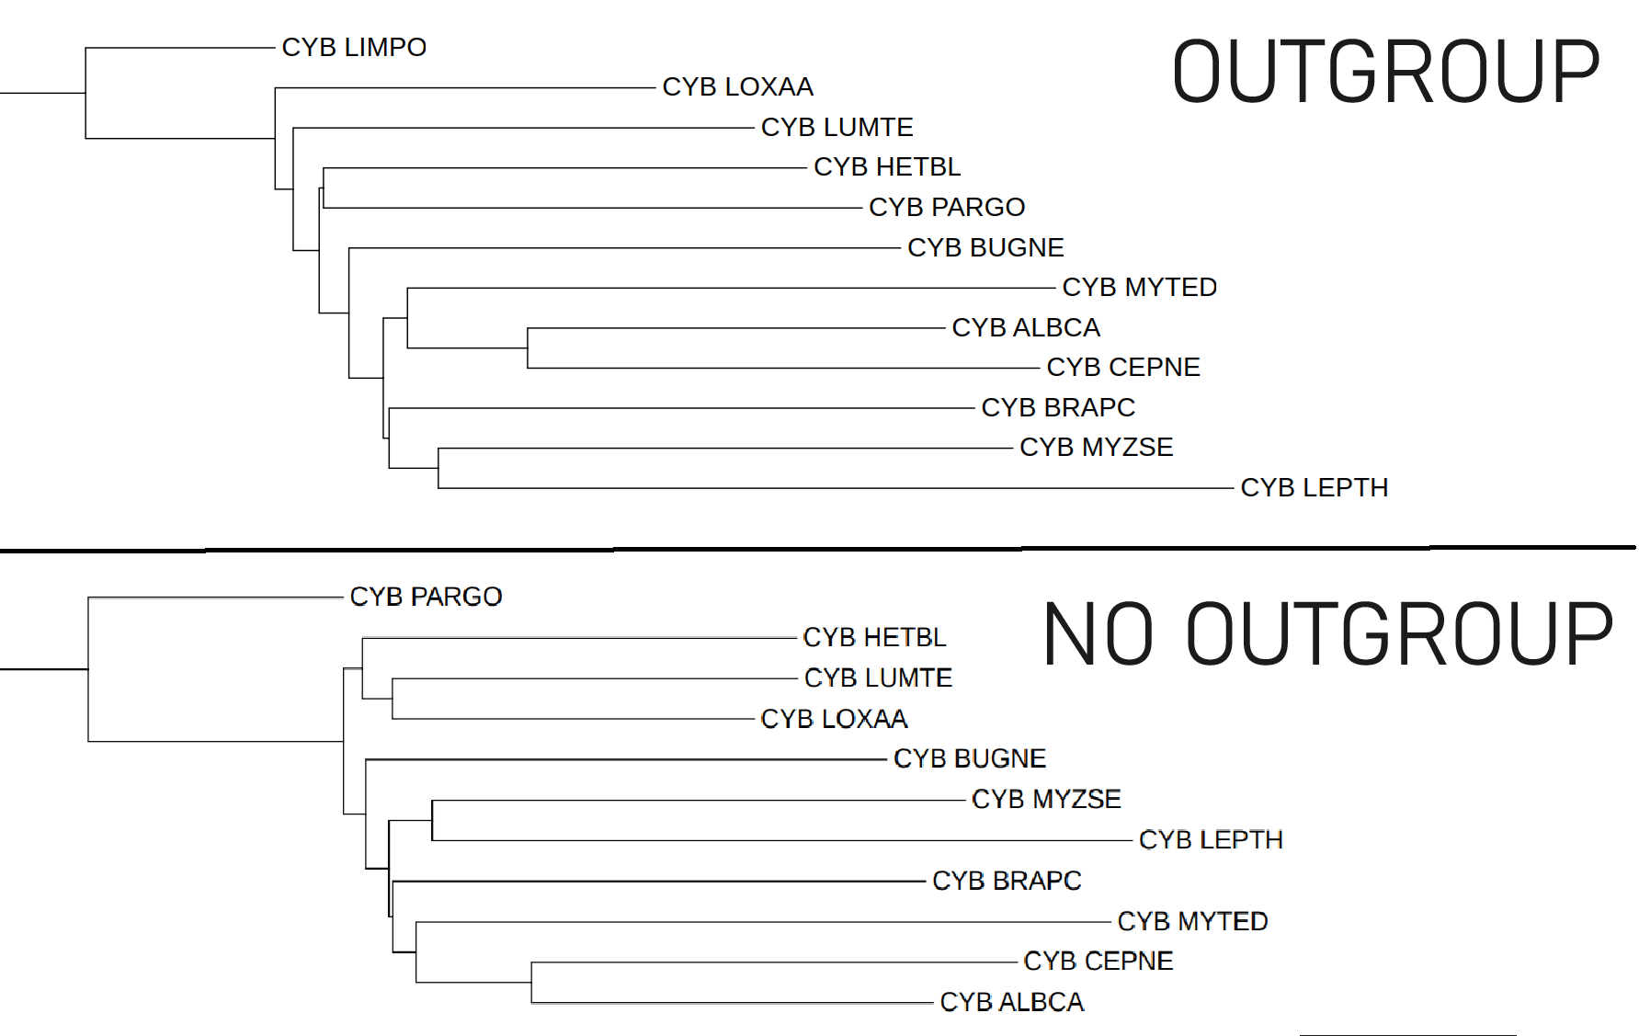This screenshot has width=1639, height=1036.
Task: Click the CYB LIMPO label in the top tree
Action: pyautogui.click(x=354, y=47)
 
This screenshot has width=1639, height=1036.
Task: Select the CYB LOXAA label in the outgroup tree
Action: pyautogui.click(x=737, y=86)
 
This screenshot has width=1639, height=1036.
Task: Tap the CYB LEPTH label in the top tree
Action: pyautogui.click(x=1314, y=487)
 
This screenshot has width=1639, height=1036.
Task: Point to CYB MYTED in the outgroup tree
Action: pyautogui.click(x=1139, y=288)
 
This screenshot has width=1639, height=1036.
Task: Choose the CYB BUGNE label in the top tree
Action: pyautogui.click(x=985, y=247)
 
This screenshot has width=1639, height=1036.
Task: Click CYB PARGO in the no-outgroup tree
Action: pyautogui.click(x=426, y=597)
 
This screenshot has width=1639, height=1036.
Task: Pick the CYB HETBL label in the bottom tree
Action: pyautogui.click(x=874, y=637)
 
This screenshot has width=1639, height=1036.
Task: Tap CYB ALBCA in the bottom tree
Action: pyautogui.click(x=1011, y=1002)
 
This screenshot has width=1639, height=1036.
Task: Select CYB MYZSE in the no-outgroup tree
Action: pyautogui.click(x=1046, y=799)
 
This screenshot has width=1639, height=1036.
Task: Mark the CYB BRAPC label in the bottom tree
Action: pyautogui.click(x=1007, y=881)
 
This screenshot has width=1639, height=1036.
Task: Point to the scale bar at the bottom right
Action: pyautogui.click(x=1407, y=1034)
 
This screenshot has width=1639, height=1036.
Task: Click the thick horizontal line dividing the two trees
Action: pyautogui.click(x=818, y=549)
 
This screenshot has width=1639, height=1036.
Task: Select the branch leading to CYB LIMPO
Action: pyautogui.click(x=180, y=48)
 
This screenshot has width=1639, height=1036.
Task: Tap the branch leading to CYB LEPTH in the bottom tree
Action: pyautogui.click(x=781, y=840)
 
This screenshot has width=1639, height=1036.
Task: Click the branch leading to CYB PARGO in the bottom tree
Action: pyautogui.click(x=216, y=598)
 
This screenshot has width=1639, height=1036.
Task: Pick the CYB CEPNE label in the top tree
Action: pyautogui.click(x=1122, y=368)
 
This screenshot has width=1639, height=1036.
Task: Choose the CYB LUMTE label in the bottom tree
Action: pyautogui.click(x=878, y=677)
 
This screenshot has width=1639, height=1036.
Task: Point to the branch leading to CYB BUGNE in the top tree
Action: pyautogui.click(x=625, y=248)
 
